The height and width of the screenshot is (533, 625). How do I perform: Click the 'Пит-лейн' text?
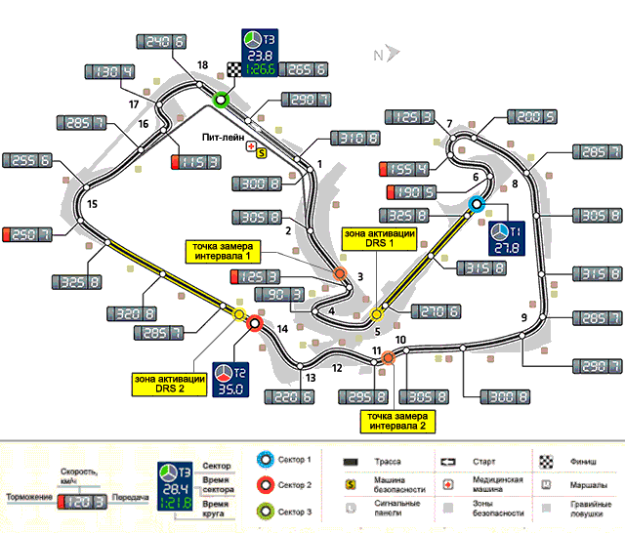[224, 139]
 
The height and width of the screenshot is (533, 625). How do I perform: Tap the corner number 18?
[203, 65]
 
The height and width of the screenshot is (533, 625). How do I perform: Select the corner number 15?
[92, 204]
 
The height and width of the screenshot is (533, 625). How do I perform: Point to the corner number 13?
[310, 378]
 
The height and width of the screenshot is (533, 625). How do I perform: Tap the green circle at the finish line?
[222, 99]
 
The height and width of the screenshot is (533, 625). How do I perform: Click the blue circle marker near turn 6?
[477, 203]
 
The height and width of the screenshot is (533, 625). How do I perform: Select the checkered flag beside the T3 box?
[234, 68]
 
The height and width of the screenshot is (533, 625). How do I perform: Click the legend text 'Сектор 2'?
[294, 484]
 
